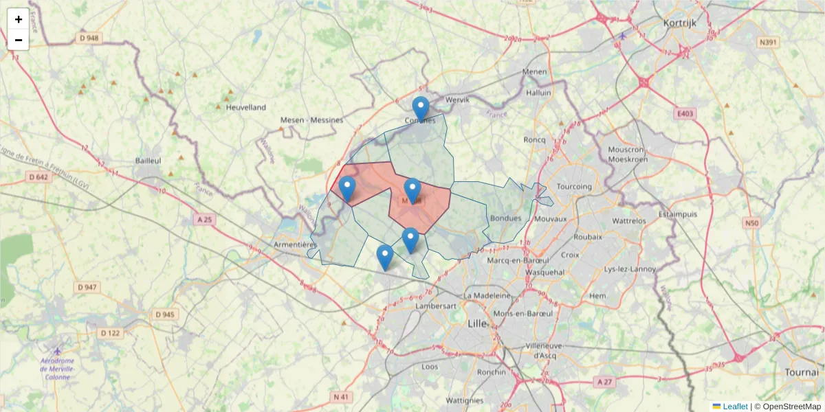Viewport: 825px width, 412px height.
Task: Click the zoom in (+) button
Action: click(x=19, y=19)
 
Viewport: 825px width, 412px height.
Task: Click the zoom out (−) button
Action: click(x=19, y=40)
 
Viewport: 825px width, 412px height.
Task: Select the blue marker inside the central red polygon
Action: click(x=412, y=191)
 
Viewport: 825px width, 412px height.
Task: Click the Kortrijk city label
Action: click(x=680, y=23)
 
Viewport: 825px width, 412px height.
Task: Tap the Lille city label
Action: click(x=476, y=323)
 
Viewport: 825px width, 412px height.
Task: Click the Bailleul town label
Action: click(x=148, y=160)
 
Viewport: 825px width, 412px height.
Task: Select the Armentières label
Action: click(x=294, y=244)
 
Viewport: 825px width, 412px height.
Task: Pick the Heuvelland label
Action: click(x=245, y=107)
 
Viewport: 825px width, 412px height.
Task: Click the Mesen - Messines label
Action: click(x=311, y=120)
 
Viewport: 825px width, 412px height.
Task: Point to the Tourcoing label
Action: click(x=573, y=186)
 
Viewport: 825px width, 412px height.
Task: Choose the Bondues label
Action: click(x=507, y=218)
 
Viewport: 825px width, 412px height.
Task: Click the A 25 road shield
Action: click(x=204, y=220)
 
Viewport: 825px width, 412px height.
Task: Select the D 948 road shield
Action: click(x=89, y=38)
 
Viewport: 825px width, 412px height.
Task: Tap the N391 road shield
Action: click(x=768, y=43)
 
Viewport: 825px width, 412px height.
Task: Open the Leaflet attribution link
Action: click(x=734, y=407)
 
